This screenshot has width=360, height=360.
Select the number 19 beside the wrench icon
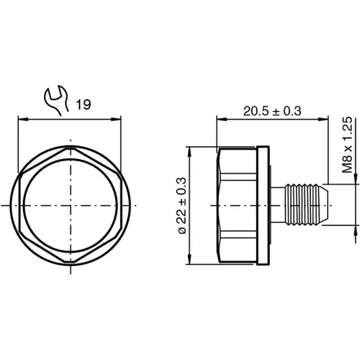82,105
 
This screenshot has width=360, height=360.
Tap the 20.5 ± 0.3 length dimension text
271,110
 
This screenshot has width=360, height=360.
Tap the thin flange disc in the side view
264,205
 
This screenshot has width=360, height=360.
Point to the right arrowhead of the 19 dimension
120,119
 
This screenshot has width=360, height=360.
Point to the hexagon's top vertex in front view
71,148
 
